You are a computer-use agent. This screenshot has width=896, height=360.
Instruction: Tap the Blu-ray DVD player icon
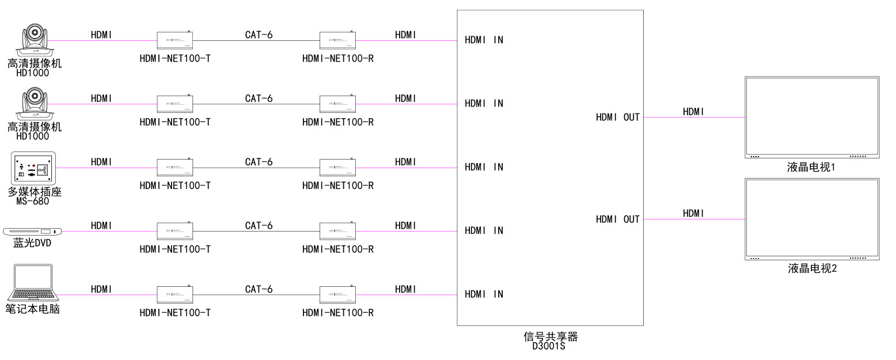point(33,231)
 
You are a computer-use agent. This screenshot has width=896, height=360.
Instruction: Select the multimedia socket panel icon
point(33,168)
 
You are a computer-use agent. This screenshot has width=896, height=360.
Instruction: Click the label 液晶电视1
point(812,168)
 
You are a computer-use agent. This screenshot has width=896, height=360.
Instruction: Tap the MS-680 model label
point(33,201)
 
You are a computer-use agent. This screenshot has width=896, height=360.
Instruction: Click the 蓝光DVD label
point(33,243)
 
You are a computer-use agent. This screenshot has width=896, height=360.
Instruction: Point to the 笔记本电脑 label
point(33,309)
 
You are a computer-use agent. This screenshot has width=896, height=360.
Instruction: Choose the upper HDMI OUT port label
point(617,118)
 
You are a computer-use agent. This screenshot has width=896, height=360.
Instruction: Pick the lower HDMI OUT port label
point(617,219)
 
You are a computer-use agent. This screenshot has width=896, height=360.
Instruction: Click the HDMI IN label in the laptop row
point(484,294)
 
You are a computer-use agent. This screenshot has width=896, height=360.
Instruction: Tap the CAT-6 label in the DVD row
point(259,225)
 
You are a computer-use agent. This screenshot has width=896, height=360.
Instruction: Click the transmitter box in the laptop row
point(175,294)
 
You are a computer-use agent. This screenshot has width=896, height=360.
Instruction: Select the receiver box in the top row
point(338,40)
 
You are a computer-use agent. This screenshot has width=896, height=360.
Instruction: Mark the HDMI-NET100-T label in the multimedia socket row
point(175,185)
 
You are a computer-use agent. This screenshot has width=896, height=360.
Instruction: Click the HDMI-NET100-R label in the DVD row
point(338,249)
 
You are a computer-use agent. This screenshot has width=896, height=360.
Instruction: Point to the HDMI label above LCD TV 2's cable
point(693,213)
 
